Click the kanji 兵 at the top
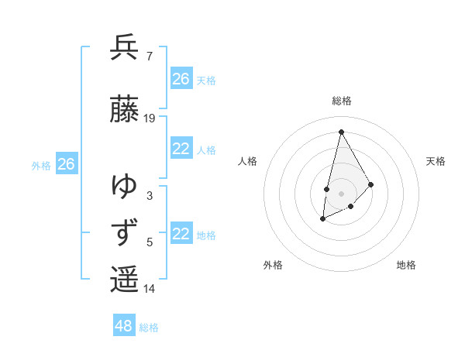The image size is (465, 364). tap(124, 48)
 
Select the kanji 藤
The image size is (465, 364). tap(124, 109)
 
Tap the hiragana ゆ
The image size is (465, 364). tap(124, 187)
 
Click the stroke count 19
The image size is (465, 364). tap(150, 118)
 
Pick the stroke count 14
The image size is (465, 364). tap(150, 289)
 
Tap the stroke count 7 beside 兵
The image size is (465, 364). tap(149, 57)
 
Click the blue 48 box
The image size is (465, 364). tap(124, 326)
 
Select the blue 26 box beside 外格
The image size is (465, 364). tap(66, 164)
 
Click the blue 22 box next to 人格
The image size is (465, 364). tap(181, 149)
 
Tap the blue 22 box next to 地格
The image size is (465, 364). tap(181, 235)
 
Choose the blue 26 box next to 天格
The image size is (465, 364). tap(181, 79)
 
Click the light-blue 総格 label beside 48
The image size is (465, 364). tap(149, 328)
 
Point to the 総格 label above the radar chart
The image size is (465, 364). tap(341, 101)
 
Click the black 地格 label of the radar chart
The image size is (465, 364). tap(406, 265)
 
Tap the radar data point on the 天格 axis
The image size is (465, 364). tap(371, 184)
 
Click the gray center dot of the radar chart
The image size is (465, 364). tap(341, 193)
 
